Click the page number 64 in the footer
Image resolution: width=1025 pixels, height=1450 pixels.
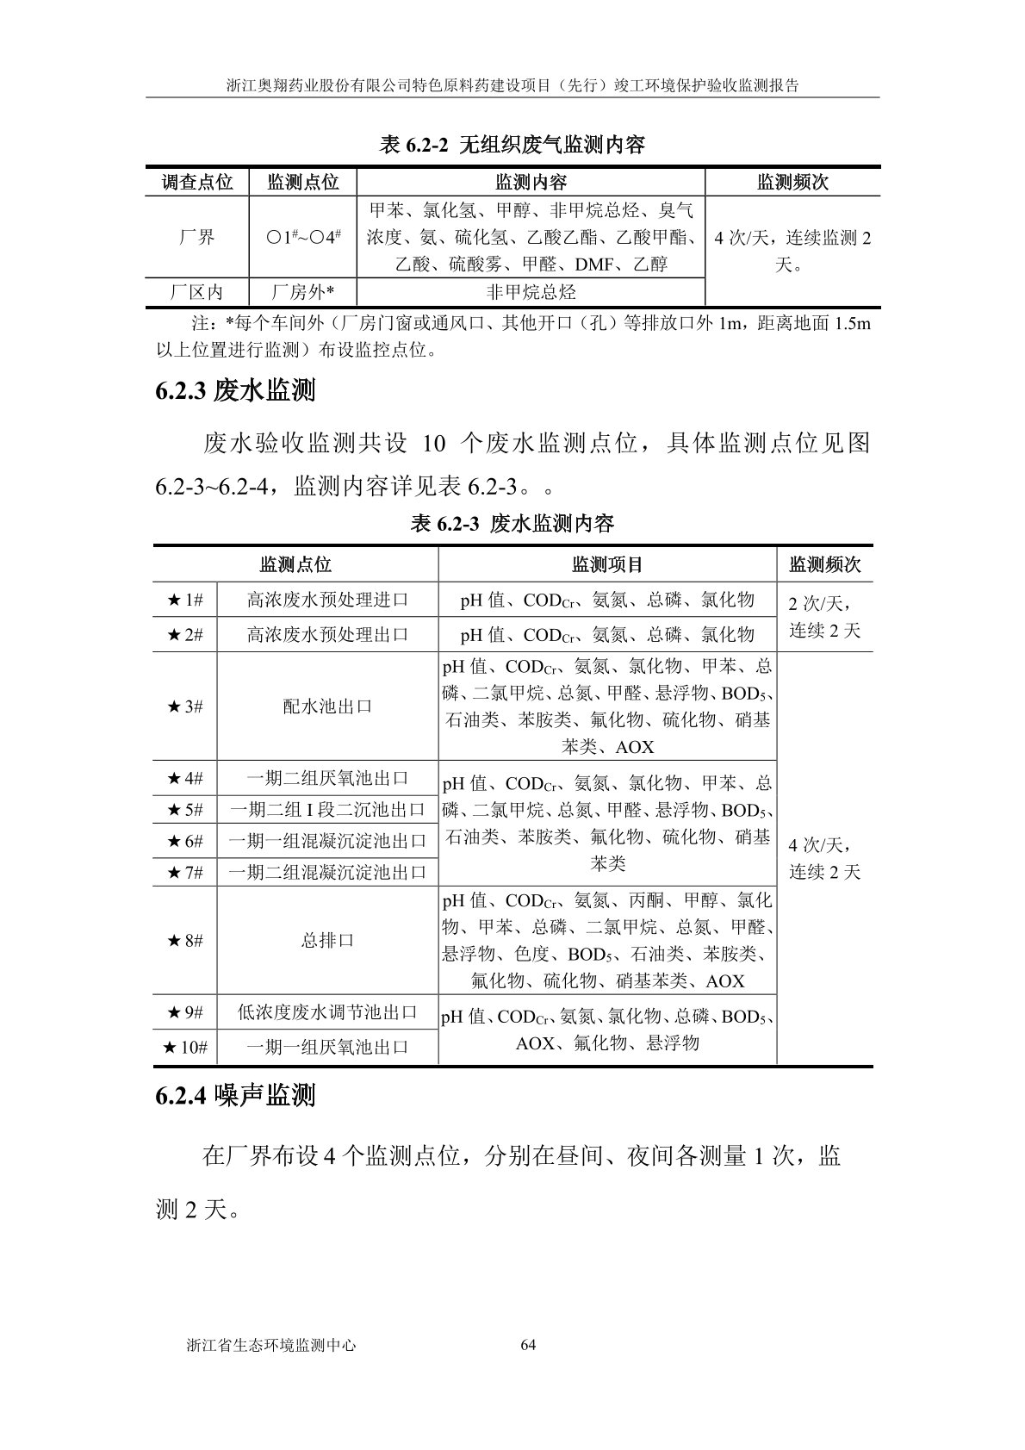tap(529, 1345)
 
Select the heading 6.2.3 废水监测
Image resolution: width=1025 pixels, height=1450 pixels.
tap(235, 391)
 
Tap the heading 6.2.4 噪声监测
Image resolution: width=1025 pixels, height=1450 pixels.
tap(235, 1095)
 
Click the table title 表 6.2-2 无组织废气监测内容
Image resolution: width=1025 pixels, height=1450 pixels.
tap(512, 145)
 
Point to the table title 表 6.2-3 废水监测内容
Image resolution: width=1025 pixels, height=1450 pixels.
tap(512, 523)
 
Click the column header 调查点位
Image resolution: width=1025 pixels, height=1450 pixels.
tap(197, 182)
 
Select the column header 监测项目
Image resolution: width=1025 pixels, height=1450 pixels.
tap(607, 564)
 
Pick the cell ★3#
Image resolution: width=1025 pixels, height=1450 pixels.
tap(185, 706)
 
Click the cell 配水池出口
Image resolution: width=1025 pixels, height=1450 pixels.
tap(327, 706)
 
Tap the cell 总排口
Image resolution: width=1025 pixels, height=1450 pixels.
tap(327, 940)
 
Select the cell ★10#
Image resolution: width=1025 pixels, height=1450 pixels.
tap(185, 1047)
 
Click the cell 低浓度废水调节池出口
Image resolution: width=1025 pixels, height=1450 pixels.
tap(327, 1011)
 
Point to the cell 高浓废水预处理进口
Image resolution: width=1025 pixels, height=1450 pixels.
tap(327, 600)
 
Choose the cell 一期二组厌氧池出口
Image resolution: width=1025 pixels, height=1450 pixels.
tap(327, 778)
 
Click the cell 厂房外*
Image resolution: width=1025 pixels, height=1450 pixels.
tap(302, 292)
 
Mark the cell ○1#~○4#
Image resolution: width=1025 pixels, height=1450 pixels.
tap(302, 237)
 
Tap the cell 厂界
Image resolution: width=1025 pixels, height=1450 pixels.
tap(197, 237)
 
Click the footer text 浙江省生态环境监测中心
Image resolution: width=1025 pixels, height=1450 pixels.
tap(270, 1345)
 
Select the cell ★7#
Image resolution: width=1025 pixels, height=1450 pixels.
tap(185, 873)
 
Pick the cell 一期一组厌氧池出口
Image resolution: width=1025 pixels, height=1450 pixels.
tap(327, 1047)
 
